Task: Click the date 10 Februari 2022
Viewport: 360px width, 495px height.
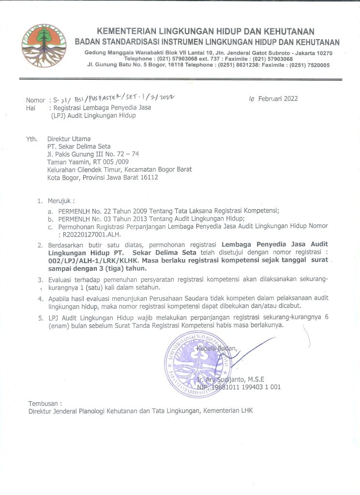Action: [x=273, y=99]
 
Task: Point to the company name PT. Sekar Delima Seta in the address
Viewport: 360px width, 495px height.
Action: [x=79, y=146]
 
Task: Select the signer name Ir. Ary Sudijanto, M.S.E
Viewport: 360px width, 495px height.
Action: [x=235, y=379]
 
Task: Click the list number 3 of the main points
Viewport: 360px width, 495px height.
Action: [x=40, y=279]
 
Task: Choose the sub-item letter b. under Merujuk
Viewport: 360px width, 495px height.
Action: [x=50, y=218]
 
